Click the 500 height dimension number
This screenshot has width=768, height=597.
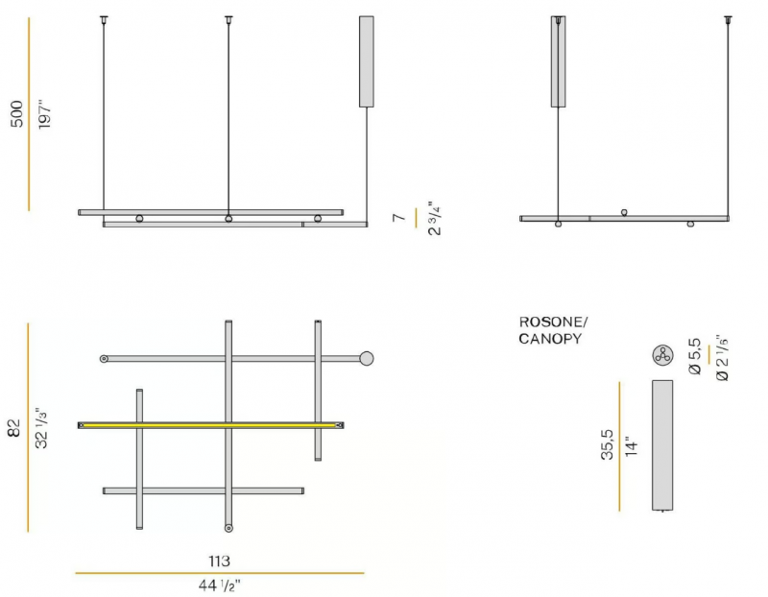click(x=16, y=113)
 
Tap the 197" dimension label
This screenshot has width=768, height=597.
click(x=44, y=115)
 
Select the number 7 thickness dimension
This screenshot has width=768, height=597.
click(x=399, y=217)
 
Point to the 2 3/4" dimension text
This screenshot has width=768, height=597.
click(x=435, y=219)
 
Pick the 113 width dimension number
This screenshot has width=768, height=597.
click(x=219, y=561)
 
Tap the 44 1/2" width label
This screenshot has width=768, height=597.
click(x=219, y=585)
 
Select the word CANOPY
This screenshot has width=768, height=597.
click(x=550, y=339)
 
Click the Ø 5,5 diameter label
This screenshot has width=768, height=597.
click(x=695, y=356)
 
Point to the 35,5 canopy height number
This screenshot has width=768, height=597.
click(x=607, y=444)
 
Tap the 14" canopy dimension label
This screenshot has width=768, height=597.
click(x=632, y=446)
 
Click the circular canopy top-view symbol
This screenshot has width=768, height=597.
click(x=662, y=355)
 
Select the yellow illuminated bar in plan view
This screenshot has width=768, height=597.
click(x=210, y=425)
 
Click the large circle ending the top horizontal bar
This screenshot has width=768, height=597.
click(x=367, y=359)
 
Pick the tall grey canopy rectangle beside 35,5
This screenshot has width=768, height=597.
click(x=662, y=445)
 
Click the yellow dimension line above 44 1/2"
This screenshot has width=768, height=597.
click(x=220, y=573)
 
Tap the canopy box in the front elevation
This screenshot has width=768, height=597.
click(x=367, y=61)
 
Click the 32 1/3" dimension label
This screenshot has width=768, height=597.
click(x=42, y=428)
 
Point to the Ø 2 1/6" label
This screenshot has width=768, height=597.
click(x=722, y=358)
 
